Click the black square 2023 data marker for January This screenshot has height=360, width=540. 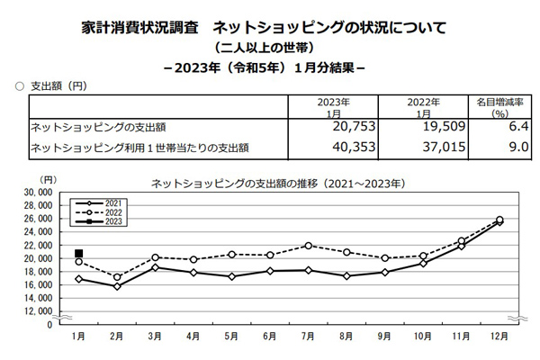[79, 254]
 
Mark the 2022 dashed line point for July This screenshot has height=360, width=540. [308, 246]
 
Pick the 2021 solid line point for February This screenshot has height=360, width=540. [117, 286]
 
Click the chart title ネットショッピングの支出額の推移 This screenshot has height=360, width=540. [274, 182]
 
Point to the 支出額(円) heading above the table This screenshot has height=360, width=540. [58, 85]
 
